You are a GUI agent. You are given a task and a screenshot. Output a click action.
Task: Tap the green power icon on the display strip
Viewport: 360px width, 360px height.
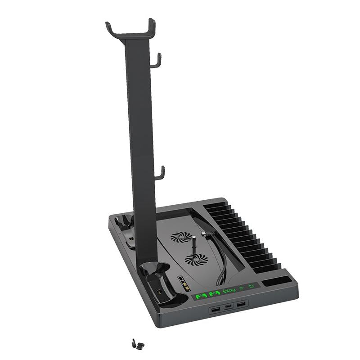coord(251,286)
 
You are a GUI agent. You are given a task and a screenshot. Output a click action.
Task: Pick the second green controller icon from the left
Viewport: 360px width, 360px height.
coord(214,294)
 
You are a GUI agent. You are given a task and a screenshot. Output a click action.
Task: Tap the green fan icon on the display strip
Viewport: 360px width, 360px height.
coord(241,288)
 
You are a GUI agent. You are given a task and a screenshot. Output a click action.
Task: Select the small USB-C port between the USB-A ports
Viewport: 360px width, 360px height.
coord(229,308)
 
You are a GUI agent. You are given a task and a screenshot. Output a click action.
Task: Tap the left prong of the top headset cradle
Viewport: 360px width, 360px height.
coord(109,28)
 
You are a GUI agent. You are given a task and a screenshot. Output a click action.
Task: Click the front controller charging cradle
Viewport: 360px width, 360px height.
coord(153,279)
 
